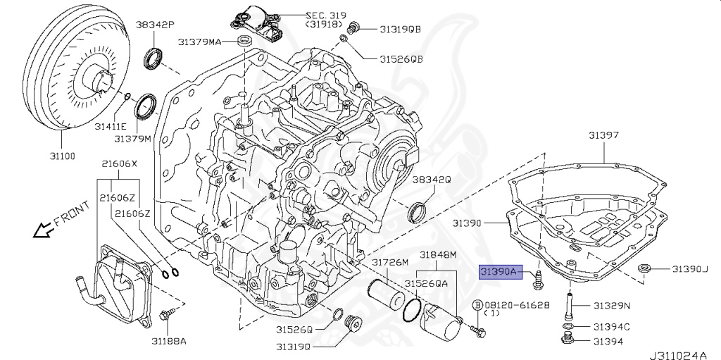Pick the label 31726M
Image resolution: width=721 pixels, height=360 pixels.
[x=390, y=263]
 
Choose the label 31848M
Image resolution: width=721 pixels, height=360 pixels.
[x=438, y=254]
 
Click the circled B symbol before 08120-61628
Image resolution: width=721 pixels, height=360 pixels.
[x=477, y=304]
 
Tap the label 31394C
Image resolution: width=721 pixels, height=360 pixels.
[x=610, y=326]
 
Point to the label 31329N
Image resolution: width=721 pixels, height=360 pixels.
[x=611, y=305]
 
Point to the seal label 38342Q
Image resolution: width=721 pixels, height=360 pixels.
[x=431, y=180]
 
